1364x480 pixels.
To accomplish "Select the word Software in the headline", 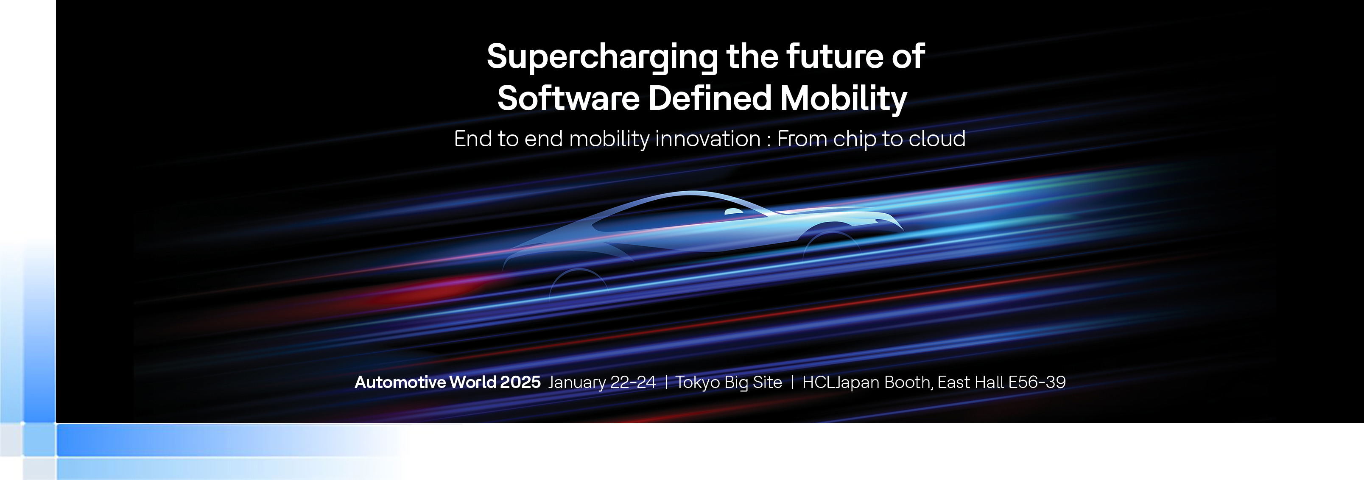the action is (x=569, y=98).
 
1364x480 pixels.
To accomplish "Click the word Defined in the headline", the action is (x=710, y=98).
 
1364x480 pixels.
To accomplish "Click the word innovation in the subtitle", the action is (x=708, y=139).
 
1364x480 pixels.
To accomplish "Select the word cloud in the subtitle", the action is (x=937, y=139).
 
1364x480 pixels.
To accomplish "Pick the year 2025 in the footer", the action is (x=520, y=382).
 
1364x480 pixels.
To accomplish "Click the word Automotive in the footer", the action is (x=400, y=382).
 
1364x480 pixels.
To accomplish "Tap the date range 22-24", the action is (x=633, y=382).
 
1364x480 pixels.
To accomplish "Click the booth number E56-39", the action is (x=1037, y=382).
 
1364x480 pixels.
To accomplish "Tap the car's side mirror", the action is (x=733, y=212).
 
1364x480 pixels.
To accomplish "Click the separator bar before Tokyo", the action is (x=665, y=382).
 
